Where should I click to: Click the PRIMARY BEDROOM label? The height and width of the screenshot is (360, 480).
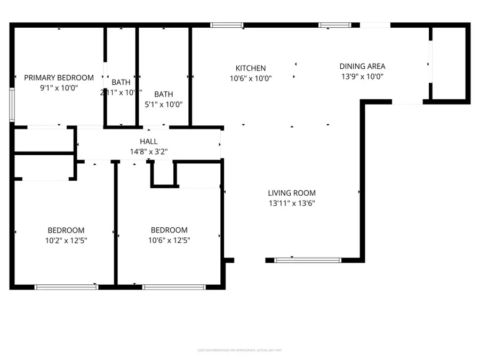click(x=59, y=77)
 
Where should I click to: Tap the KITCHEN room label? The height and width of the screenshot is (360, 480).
click(x=251, y=68)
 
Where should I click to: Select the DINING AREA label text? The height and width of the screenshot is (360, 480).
click(x=362, y=67)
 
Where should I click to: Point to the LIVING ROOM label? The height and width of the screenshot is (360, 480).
click(x=292, y=193)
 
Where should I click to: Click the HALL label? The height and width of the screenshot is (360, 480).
click(x=149, y=141)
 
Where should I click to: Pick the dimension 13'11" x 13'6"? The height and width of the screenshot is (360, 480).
click(x=292, y=203)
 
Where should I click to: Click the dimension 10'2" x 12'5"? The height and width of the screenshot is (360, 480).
click(x=66, y=240)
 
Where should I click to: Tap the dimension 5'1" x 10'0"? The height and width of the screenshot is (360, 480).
click(x=163, y=105)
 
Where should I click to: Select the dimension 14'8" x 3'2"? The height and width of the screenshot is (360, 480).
click(x=149, y=151)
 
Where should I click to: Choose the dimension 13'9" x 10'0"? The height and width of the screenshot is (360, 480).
click(x=362, y=77)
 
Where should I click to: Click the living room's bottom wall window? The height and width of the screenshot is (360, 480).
click(x=307, y=260)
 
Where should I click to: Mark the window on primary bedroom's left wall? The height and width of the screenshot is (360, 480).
click(x=12, y=106)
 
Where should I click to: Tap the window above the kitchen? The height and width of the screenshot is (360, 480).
click(x=227, y=25)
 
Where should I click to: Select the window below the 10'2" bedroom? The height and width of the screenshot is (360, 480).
click(x=66, y=287)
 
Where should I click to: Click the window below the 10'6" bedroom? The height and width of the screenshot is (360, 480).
click(x=174, y=287)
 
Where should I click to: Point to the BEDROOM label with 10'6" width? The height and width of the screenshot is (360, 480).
click(x=169, y=230)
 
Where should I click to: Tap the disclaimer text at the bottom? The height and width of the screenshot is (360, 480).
click(x=240, y=350)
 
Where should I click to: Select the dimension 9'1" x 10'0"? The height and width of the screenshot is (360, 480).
click(x=59, y=87)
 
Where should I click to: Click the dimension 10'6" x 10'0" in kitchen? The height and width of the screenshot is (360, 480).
click(x=251, y=78)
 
